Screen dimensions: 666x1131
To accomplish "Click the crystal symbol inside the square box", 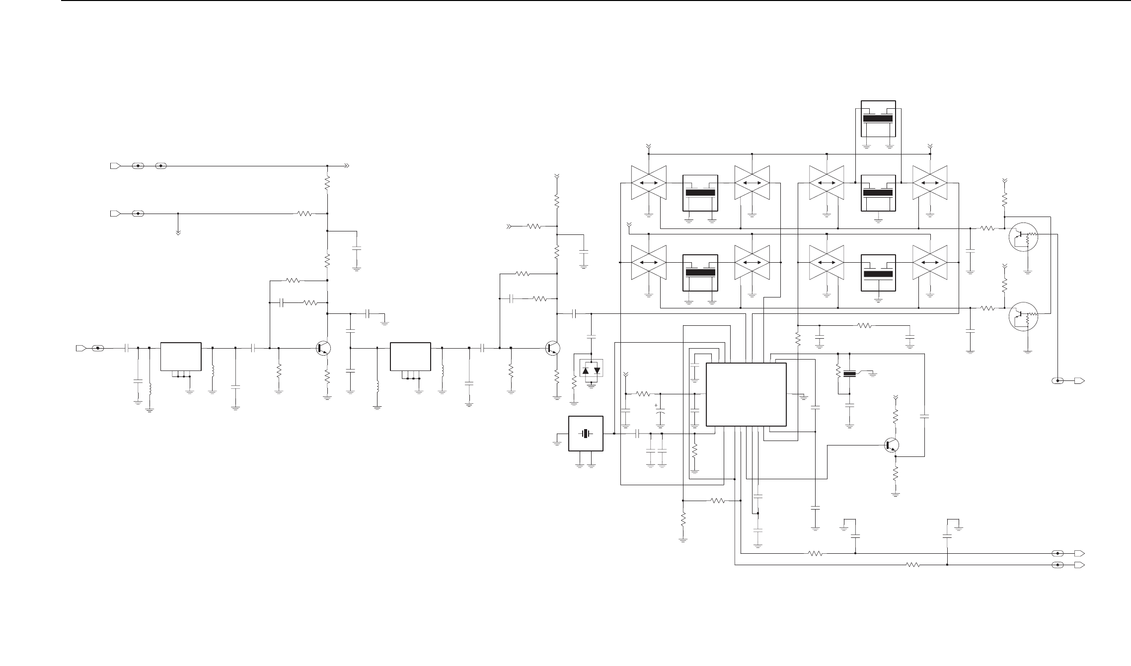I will (x=586, y=434).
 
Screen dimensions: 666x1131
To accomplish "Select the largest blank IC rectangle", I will (x=746, y=394).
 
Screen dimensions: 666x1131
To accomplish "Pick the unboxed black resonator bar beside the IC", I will (x=850, y=374).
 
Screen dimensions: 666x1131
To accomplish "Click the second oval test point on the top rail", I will (x=161, y=165).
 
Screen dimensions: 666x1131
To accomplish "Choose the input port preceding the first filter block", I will (x=80, y=348).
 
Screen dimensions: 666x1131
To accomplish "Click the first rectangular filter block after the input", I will (x=181, y=356).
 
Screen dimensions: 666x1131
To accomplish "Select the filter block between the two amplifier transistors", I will (x=410, y=356).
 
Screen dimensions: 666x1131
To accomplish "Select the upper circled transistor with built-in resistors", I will (x=1024, y=238).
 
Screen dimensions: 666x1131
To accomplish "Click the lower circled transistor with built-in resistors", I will (x=1024, y=316).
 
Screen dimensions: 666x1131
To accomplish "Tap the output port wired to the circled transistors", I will (x=1079, y=381).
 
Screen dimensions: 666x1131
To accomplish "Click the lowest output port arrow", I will (x=1079, y=565).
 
